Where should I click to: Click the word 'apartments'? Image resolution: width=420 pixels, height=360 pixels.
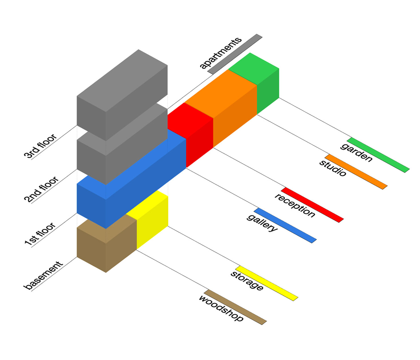point(221,53)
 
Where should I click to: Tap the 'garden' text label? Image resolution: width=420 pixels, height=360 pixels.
point(356,152)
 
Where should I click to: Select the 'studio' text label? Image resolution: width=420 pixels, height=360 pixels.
point(333,168)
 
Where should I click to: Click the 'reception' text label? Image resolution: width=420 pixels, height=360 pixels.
point(295,205)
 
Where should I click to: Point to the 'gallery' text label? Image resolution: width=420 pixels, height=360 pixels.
point(262,223)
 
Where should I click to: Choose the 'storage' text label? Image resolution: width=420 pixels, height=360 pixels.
point(247,281)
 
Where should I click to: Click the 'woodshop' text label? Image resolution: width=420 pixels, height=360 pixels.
point(221,308)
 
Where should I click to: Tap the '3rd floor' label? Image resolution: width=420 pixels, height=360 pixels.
point(40,146)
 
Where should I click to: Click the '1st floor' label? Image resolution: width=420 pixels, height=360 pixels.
point(40,234)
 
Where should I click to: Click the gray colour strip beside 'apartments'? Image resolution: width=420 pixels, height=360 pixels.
point(235,54)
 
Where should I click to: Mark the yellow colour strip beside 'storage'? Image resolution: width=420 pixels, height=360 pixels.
point(267,283)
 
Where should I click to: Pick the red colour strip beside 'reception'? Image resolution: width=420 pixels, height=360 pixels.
point(312,205)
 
